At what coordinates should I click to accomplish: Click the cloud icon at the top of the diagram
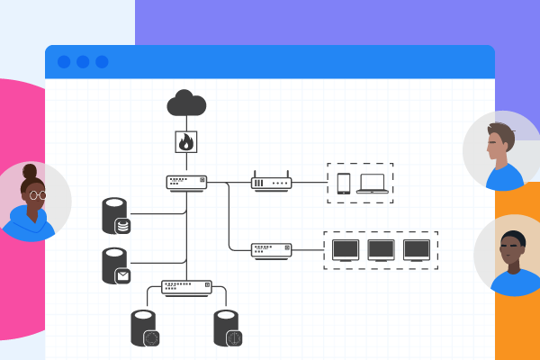point(186,103)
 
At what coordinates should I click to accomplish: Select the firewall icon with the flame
point(186,142)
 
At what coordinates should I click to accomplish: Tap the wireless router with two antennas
point(271,181)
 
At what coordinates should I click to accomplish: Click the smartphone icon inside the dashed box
point(343,183)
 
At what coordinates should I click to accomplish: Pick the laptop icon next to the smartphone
point(372,184)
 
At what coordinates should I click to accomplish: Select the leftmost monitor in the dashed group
point(346,249)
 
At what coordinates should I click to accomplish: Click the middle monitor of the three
point(381,249)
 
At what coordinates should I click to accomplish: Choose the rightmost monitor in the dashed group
point(416,249)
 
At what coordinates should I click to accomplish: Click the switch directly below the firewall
point(186,183)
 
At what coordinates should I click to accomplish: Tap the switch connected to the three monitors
point(271,249)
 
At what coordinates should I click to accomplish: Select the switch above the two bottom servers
point(186,287)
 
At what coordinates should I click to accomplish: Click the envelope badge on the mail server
point(122,276)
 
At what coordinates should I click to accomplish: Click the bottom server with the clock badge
point(229,328)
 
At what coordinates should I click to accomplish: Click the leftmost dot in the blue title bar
point(64,62)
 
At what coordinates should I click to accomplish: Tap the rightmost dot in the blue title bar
point(102,62)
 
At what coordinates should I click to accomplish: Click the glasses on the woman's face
point(37,193)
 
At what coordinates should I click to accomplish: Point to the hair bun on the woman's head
point(30,170)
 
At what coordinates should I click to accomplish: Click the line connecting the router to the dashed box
point(309,183)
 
